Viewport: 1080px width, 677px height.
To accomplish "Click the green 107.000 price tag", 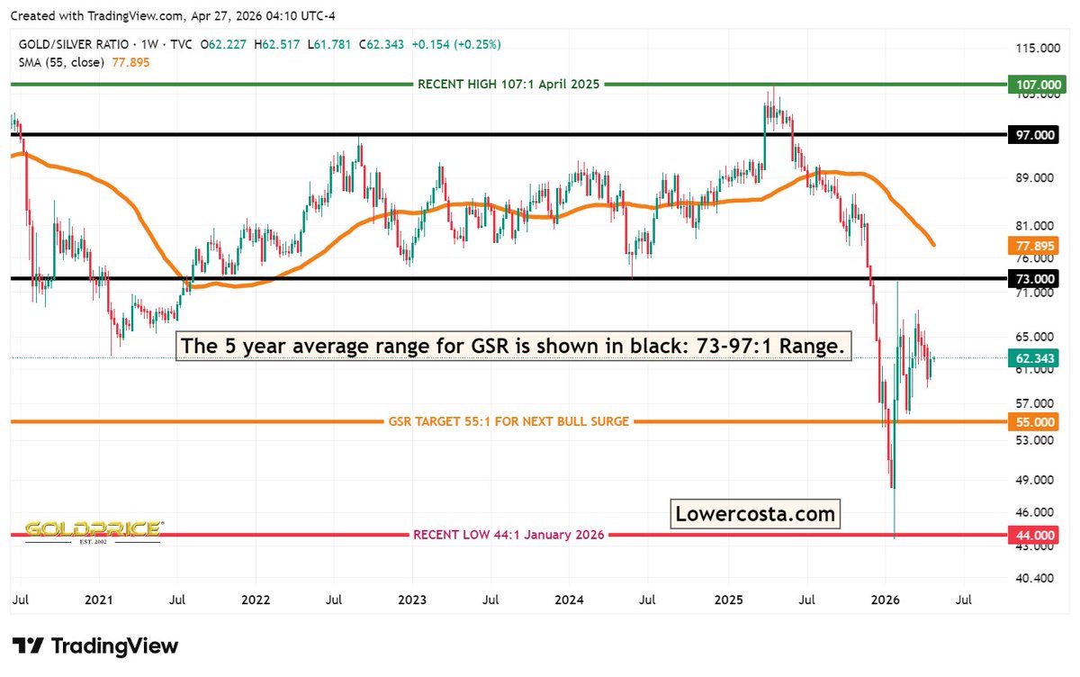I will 1035,84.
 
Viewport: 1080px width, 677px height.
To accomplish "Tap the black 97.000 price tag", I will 1035,134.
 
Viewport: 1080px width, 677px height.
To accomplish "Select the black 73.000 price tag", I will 1035,279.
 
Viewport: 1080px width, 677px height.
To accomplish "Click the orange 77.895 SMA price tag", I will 1035,245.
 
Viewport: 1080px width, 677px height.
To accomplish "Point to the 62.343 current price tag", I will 1035,358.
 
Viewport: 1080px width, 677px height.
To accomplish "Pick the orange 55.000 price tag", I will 1035,421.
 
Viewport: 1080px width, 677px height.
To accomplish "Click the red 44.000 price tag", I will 1035,535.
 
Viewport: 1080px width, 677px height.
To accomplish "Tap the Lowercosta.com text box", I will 755,514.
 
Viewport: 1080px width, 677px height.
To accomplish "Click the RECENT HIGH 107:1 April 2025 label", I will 508,84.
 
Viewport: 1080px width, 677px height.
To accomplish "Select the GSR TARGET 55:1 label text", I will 508,421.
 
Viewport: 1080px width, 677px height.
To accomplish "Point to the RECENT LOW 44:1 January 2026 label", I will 508,535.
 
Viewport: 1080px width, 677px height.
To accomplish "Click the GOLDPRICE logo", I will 93,529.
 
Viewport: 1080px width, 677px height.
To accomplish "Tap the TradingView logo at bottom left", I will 95,645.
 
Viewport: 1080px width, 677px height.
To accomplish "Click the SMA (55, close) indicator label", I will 58,60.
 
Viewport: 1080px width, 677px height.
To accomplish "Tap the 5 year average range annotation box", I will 515,347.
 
